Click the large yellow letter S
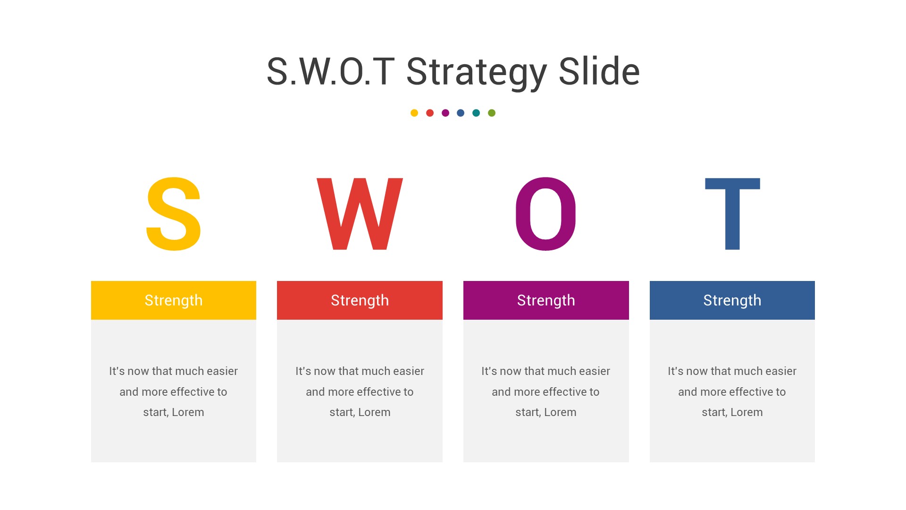click(x=173, y=214)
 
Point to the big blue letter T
click(x=732, y=214)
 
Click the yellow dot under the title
click(x=414, y=113)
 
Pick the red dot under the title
click(x=430, y=113)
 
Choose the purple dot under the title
click(x=445, y=113)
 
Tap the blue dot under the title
click(x=461, y=113)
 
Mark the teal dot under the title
click(x=476, y=113)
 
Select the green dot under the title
click(x=492, y=113)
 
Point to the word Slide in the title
click(x=599, y=71)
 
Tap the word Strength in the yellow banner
click(x=174, y=301)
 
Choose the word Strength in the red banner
click(x=360, y=301)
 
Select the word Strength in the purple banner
click(x=546, y=301)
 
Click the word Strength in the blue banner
click(x=732, y=301)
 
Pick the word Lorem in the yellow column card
click(x=188, y=412)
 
